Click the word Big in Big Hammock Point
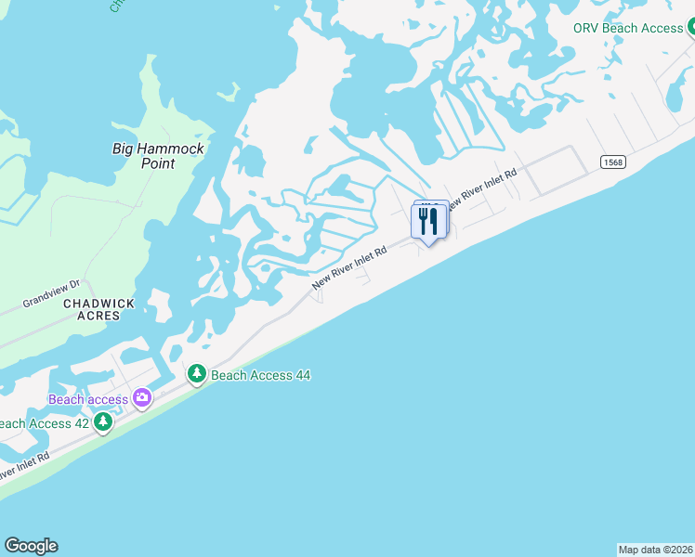tap(125, 149)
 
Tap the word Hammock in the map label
tap(171, 149)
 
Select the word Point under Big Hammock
tap(157, 163)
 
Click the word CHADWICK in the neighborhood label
tap(98, 304)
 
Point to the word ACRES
tap(98, 316)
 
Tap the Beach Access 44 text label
tap(260, 375)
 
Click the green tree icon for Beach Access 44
tap(196, 374)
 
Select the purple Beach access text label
tap(88, 399)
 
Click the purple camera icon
tap(142, 398)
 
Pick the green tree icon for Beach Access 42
tap(103, 423)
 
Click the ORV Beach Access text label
tap(628, 28)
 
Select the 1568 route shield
tap(611, 162)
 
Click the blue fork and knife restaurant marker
tap(427, 222)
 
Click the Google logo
tap(31, 546)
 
